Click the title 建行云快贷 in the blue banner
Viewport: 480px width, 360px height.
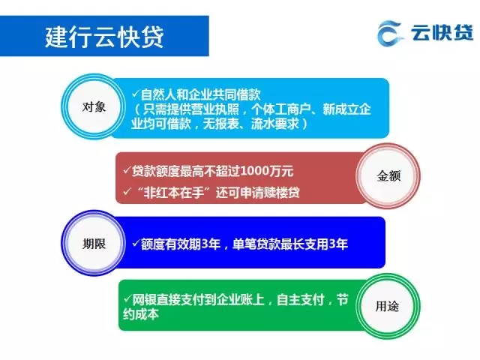point(104,37)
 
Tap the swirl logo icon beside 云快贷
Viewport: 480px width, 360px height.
point(388,33)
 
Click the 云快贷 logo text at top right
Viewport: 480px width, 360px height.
point(442,32)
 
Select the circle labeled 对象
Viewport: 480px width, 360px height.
point(94,106)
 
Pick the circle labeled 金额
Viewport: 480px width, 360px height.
point(388,176)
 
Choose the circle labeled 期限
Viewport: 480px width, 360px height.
point(94,244)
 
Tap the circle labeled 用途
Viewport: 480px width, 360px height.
point(388,306)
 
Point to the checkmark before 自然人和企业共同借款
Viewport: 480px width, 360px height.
point(136,93)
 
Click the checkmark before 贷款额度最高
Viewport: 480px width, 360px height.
point(127,169)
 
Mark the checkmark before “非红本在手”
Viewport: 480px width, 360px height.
point(127,192)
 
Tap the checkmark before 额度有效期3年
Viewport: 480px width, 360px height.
point(136,243)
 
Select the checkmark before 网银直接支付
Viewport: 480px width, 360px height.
point(127,298)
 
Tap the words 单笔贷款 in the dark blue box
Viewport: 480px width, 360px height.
point(256,244)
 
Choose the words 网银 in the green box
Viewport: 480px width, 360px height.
point(144,300)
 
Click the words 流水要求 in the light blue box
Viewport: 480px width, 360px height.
point(274,124)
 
